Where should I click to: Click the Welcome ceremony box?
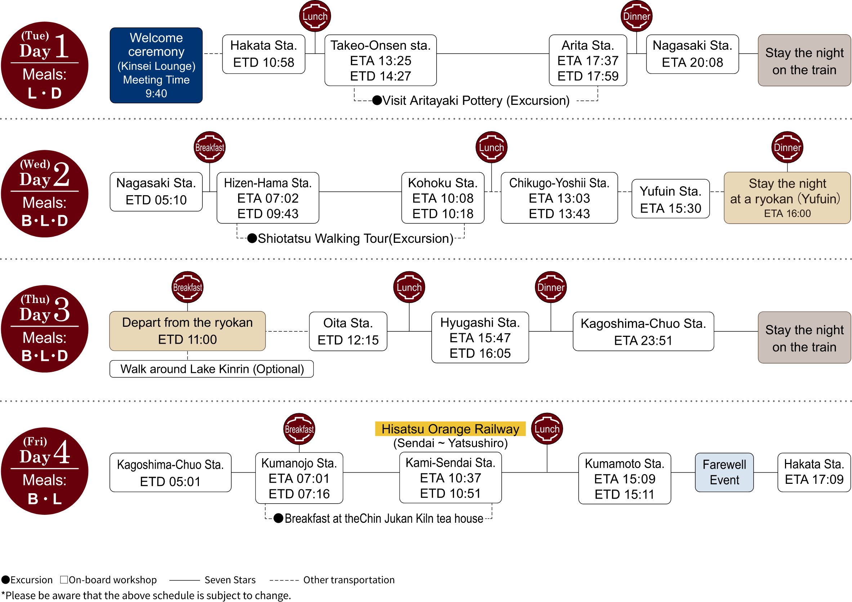[x=156, y=65]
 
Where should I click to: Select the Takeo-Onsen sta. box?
[x=380, y=61]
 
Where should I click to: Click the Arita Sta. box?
[x=588, y=61]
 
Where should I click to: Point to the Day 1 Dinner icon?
[x=637, y=16]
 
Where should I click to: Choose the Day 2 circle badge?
[x=45, y=194]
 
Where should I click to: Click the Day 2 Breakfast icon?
[x=210, y=147]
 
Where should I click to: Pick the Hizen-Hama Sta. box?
[x=268, y=198]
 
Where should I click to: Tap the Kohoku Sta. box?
[x=443, y=198]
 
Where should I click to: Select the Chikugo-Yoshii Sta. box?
[x=559, y=198]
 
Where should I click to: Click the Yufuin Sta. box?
[x=670, y=199]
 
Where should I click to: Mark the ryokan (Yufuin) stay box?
[x=787, y=198]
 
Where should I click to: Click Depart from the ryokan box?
[x=187, y=331]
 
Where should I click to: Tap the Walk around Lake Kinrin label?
[x=211, y=369]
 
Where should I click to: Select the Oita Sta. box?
[x=348, y=331]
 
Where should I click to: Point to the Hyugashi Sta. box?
[x=480, y=337]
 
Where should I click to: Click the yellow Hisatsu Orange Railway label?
[x=450, y=429]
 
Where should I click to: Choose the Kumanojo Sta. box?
[x=299, y=478]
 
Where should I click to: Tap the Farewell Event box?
[x=724, y=472]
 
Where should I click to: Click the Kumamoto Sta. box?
[x=625, y=478]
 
